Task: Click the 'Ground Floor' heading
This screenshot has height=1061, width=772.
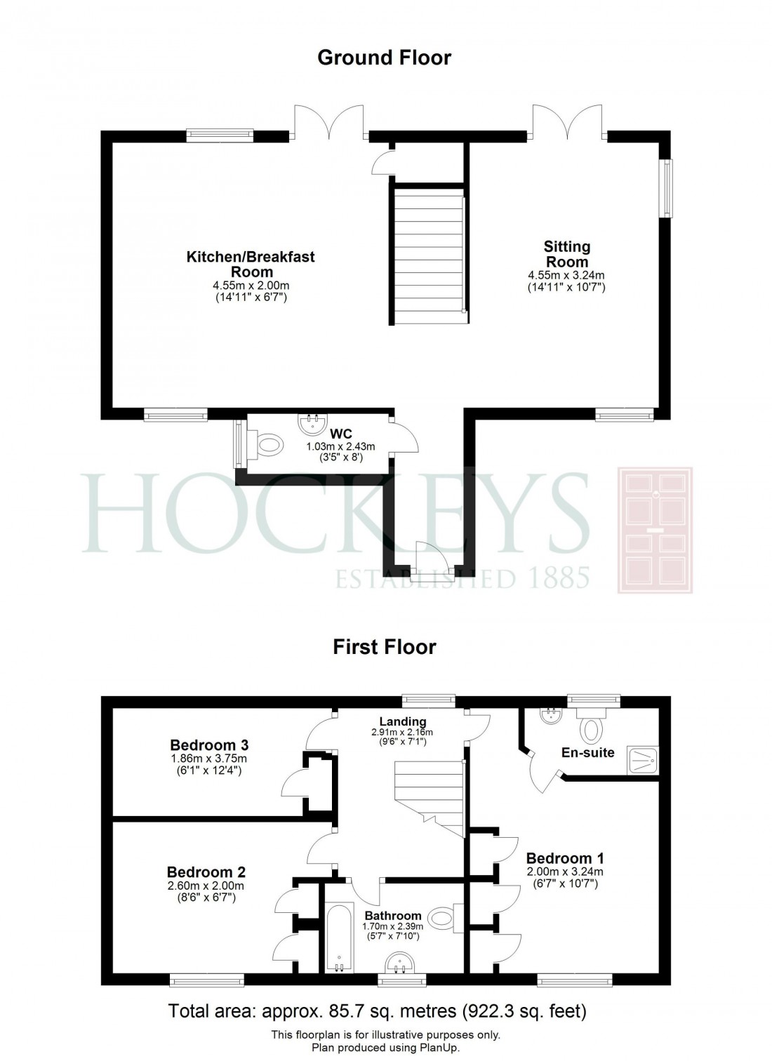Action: [x=384, y=57]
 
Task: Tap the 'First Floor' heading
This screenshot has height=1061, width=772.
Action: [x=384, y=646]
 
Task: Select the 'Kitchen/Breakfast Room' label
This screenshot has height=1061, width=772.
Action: [x=251, y=264]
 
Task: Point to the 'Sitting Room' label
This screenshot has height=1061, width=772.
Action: [x=566, y=254]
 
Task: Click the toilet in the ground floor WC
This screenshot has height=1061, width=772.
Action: [x=269, y=443]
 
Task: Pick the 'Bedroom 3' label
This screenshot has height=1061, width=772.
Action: [x=209, y=745]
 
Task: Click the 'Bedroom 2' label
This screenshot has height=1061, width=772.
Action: [x=206, y=872]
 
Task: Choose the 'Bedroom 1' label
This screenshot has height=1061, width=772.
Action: [x=565, y=858]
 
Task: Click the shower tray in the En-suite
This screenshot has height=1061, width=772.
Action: [x=642, y=760]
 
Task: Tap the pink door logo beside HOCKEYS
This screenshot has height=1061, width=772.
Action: [x=654, y=530]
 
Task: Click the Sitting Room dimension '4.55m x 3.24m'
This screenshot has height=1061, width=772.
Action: [x=566, y=275]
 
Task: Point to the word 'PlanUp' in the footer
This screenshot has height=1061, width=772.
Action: [x=438, y=1048]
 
